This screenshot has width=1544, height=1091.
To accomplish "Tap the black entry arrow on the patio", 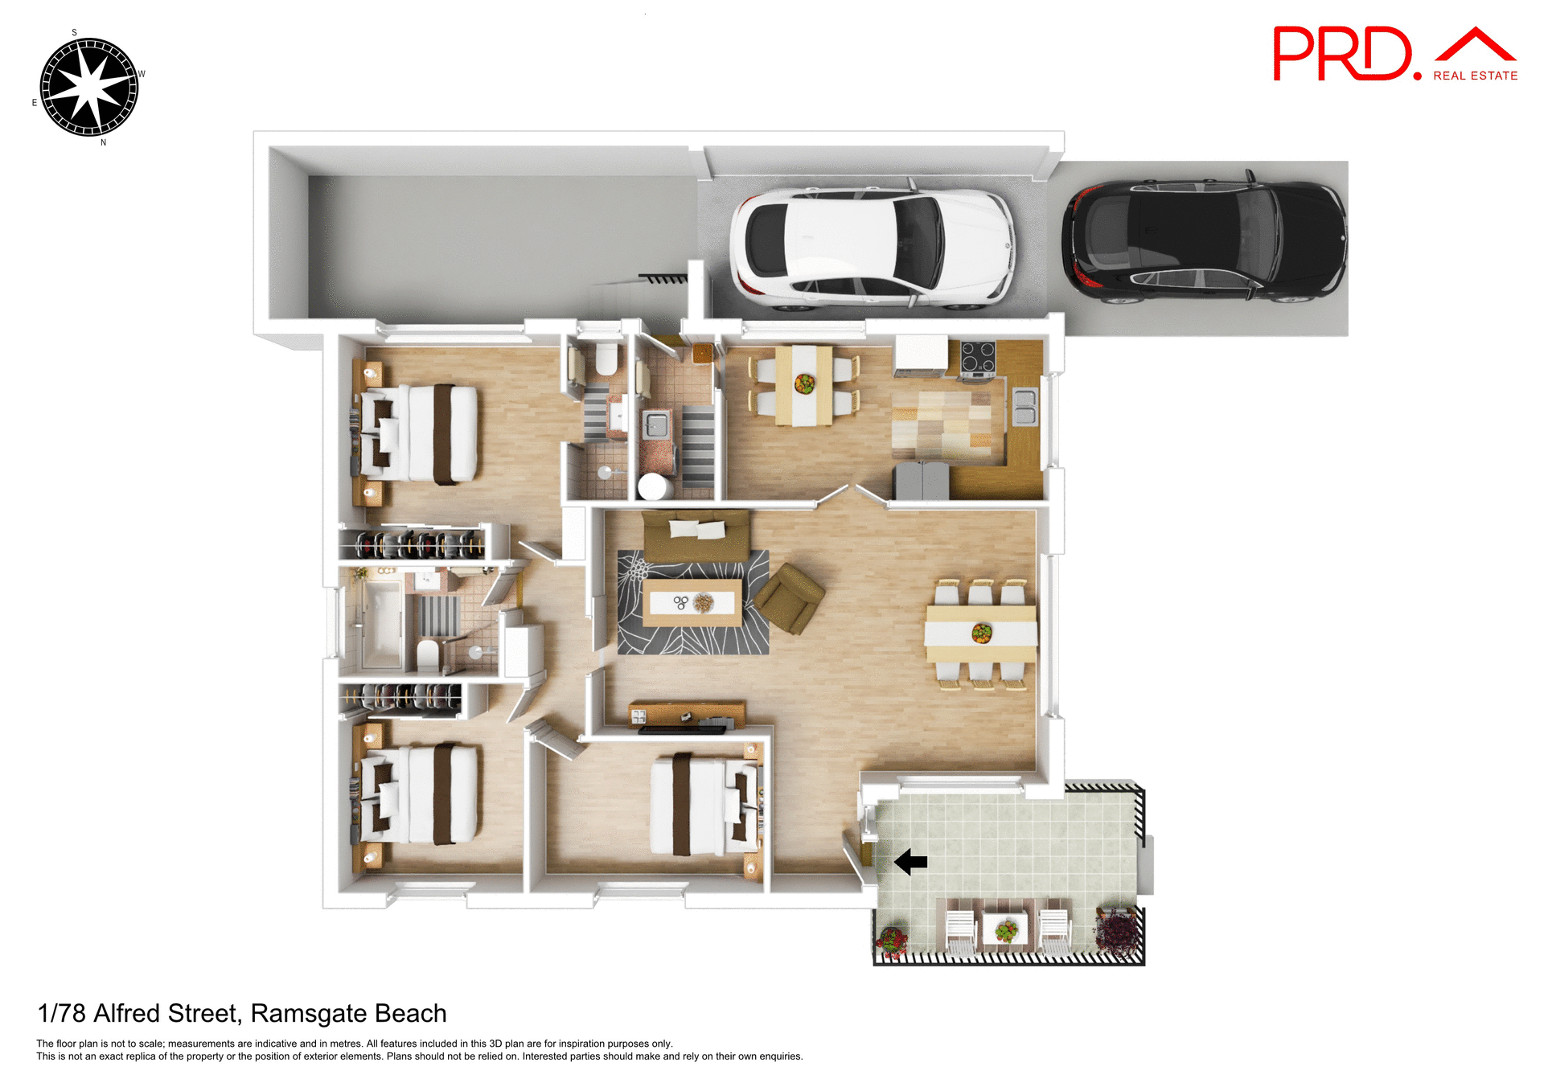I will pos(911,862).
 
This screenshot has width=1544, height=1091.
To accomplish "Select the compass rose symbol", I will pos(89,87).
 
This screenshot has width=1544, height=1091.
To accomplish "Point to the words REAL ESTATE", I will pos(1475,76).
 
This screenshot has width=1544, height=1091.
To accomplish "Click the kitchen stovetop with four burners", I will pos(978,357).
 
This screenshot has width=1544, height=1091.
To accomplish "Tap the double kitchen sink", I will pos(1025,406).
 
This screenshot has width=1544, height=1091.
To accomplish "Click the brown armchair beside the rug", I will pos(789,597).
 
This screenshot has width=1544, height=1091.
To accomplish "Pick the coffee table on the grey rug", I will pos(692,602).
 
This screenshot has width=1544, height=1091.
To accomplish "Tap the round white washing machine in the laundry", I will pos(654,486).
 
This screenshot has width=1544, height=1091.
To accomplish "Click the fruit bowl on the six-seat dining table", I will pos(981,633).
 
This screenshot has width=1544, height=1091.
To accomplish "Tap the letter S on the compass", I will pos(74,33).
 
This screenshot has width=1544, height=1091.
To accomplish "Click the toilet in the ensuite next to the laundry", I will pos(606,359).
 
